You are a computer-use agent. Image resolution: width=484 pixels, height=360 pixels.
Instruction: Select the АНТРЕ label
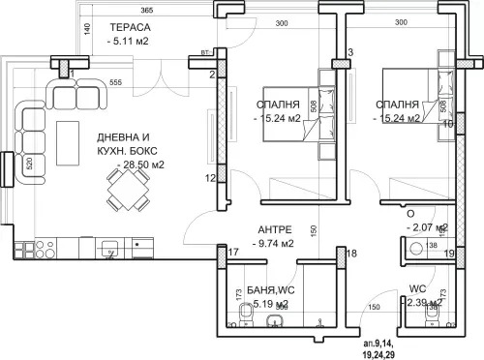click(274, 229)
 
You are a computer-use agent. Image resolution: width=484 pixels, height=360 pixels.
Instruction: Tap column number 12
click(209, 178)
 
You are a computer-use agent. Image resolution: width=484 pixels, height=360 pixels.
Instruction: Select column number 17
click(233, 253)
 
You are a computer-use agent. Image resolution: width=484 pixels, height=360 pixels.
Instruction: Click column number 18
click(352, 253)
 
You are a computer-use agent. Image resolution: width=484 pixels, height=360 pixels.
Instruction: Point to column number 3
click(350, 51)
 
